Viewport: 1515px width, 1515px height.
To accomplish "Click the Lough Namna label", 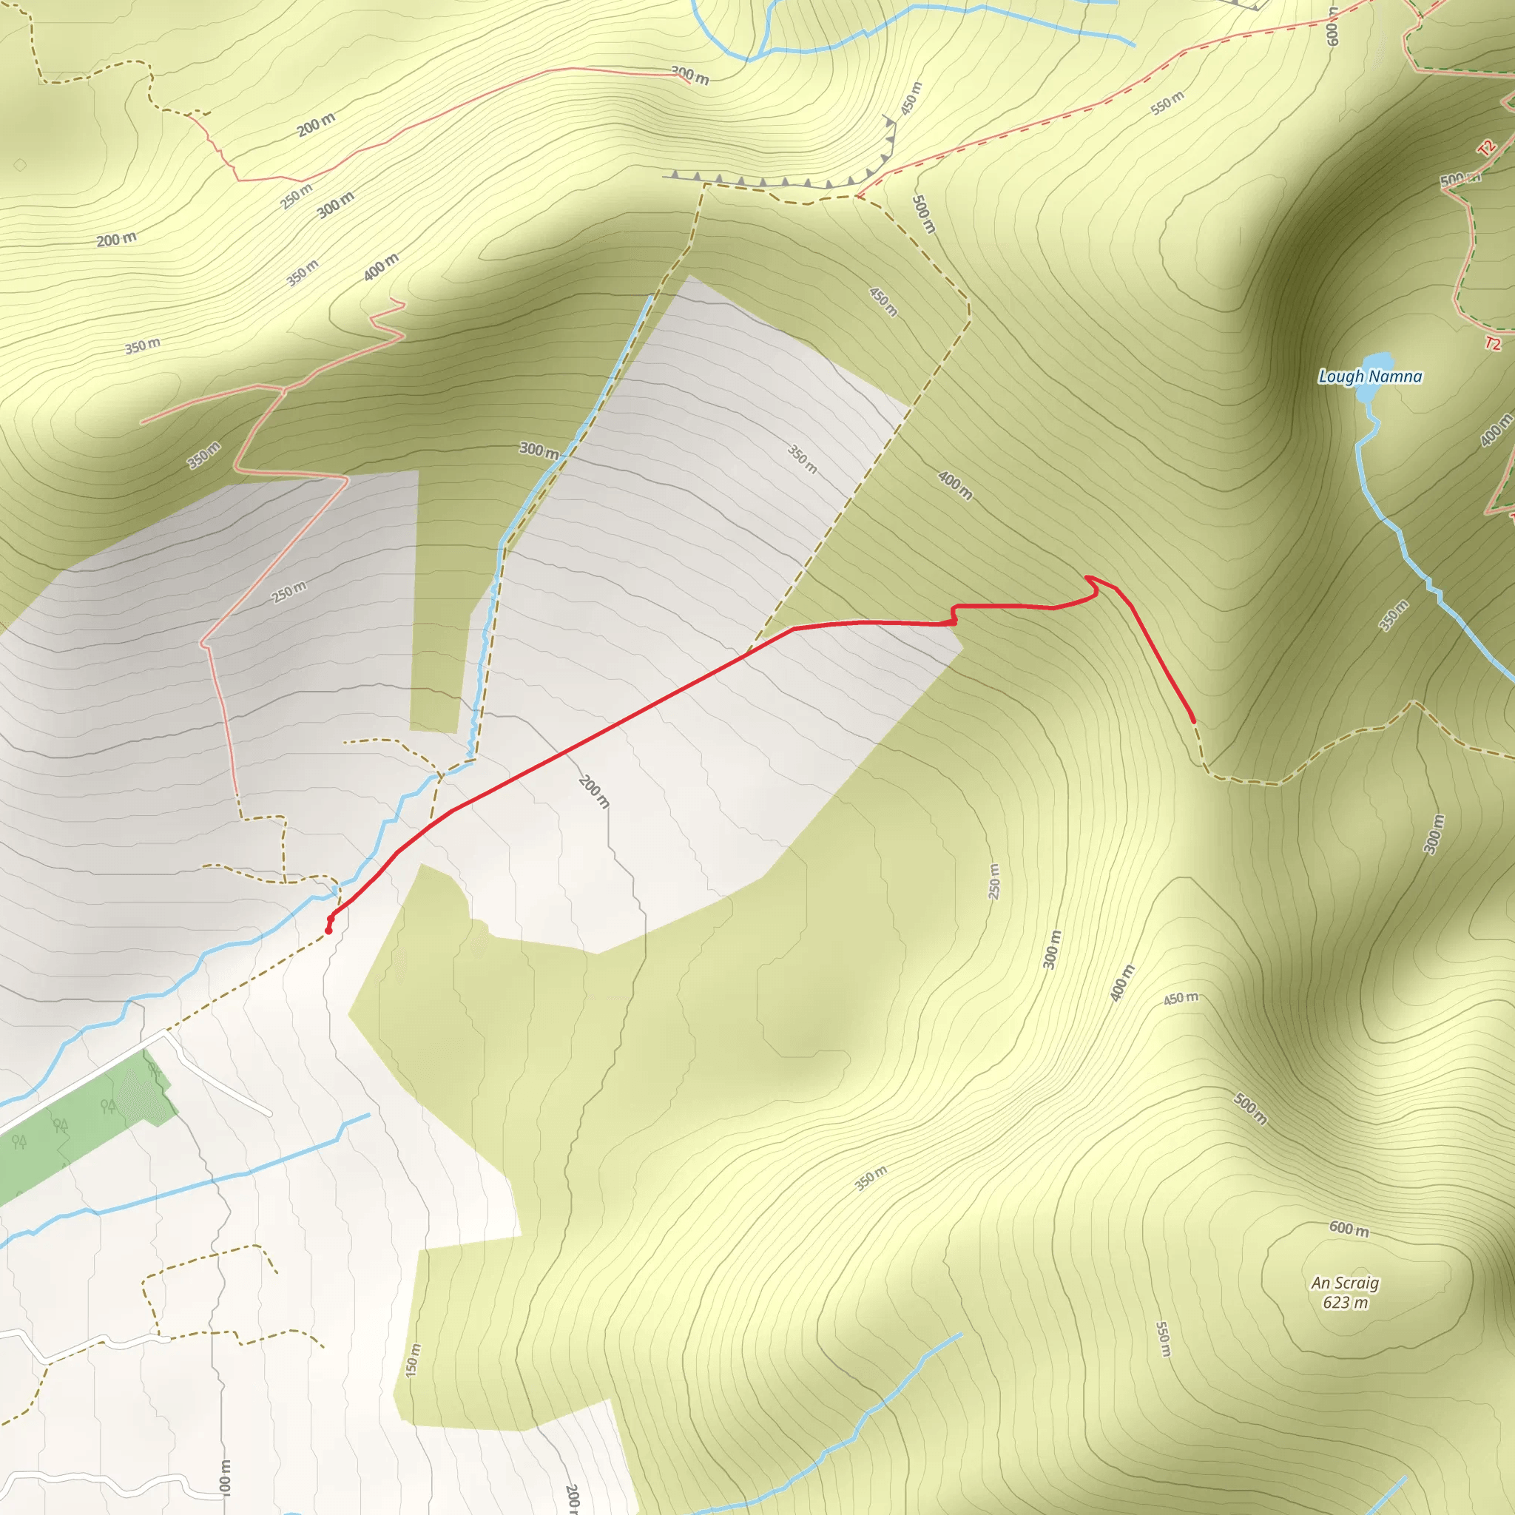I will click(x=1370, y=377).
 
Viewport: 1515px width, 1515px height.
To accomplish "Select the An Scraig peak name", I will click(x=1345, y=1283).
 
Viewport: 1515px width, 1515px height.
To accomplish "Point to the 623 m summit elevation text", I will click(x=1345, y=1303).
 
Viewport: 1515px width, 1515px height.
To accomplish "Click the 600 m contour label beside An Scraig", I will click(x=1349, y=1229).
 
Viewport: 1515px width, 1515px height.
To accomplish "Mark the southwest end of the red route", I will click(x=328, y=931).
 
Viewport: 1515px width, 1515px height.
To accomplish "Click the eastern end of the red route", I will click(x=1193, y=721).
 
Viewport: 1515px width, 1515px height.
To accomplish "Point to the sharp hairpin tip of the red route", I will click(x=1087, y=577).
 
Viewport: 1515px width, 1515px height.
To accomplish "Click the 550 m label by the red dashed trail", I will click(x=1167, y=104).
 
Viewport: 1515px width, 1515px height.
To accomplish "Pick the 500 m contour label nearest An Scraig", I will click(x=1250, y=1108).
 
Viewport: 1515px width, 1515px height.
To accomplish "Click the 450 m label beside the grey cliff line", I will click(x=911, y=99).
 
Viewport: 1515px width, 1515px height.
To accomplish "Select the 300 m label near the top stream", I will click(x=690, y=76).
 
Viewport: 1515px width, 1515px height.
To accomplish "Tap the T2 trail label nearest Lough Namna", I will click(x=1492, y=343).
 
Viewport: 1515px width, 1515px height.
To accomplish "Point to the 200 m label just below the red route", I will click(x=593, y=792).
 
